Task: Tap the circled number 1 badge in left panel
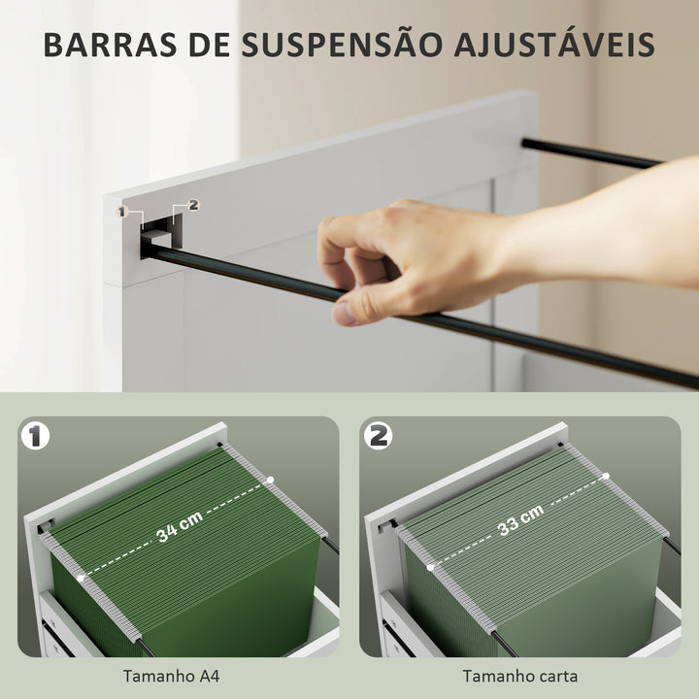tap(36, 436)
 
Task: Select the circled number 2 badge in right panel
tap(378, 436)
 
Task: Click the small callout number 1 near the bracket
tap(122, 211)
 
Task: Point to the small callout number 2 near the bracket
tap(192, 204)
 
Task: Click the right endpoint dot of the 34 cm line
tap(271, 480)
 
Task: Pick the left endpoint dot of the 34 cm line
tap(82, 577)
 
